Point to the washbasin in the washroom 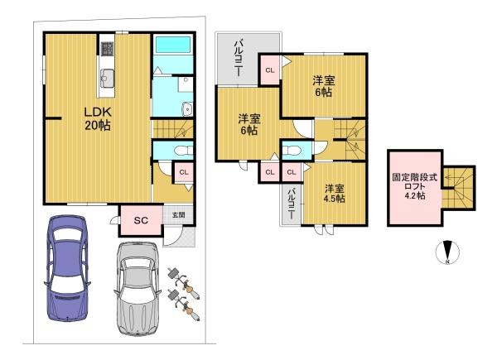187,107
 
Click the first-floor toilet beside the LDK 182,150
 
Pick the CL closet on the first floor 185,171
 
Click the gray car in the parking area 138,286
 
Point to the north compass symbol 446,253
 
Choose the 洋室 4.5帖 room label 334,193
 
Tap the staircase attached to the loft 455,188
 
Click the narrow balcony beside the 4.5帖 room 292,204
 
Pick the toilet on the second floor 291,150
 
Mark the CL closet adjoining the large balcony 270,71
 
